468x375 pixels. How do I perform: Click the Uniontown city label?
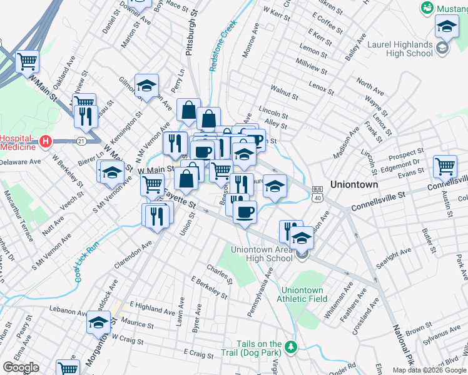pyautogui.click(x=354, y=185)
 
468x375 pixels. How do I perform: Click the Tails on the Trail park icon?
pyautogui.click(x=290, y=346)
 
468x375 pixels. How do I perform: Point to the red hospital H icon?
pyautogui.click(x=44, y=141)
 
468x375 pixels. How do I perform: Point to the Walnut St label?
pyautogui.click(x=284, y=94)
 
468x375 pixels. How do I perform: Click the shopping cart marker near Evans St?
pyautogui.click(x=445, y=166)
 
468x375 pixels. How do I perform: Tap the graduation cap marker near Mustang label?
pyautogui.click(x=447, y=27)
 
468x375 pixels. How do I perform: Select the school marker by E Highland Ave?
pyautogui.click(x=98, y=322)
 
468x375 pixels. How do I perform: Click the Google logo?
pyautogui.click(x=21, y=367)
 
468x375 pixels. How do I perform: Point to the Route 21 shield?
pyautogui.click(x=81, y=142)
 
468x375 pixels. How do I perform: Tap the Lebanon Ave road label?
pyautogui.click(x=69, y=311)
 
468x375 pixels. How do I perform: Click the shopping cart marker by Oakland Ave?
pyautogui.click(x=28, y=61)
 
